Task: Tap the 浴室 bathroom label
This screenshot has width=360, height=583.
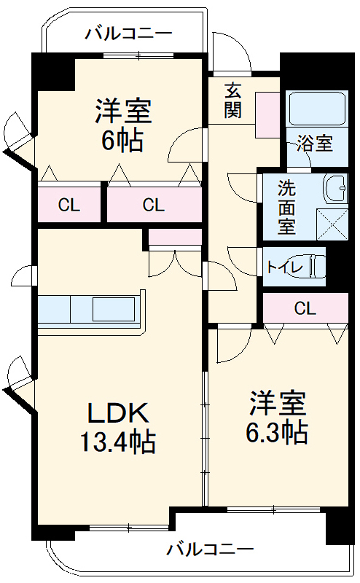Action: pyautogui.click(x=315, y=143)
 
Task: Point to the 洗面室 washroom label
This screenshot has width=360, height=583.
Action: pyautogui.click(x=286, y=206)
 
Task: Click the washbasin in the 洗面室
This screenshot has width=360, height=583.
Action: pyautogui.click(x=336, y=189)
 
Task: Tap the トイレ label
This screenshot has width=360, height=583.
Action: pyautogui.click(x=283, y=266)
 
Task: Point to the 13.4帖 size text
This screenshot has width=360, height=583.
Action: pyautogui.click(x=119, y=441)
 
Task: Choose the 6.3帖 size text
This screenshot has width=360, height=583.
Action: pyautogui.click(x=277, y=432)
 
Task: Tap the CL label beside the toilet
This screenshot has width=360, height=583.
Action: pyautogui.click(x=305, y=308)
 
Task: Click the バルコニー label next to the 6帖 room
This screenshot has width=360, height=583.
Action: pyautogui.click(x=128, y=33)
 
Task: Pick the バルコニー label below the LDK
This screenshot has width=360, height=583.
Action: pyautogui.click(x=210, y=548)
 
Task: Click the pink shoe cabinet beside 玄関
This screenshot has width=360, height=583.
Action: pyautogui.click(x=267, y=114)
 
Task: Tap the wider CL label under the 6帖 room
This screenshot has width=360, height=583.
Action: pyautogui.click(x=154, y=205)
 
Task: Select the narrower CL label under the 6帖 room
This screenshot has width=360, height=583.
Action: pyautogui.click(x=69, y=205)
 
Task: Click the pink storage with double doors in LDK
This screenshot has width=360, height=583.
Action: pyautogui.click(x=175, y=237)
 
